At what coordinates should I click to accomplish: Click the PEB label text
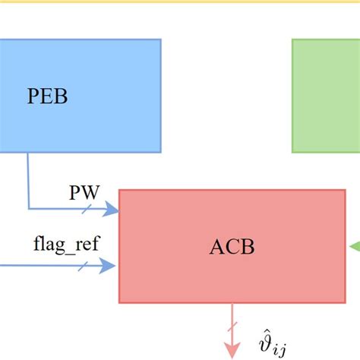(x=46, y=97)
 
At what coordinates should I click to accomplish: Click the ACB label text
(x=232, y=247)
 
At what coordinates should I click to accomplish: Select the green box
(x=327, y=95)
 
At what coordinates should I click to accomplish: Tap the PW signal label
(x=84, y=192)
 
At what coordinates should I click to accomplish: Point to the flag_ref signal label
(x=66, y=245)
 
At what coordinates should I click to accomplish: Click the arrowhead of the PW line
(x=114, y=208)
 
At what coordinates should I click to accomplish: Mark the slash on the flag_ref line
(x=81, y=265)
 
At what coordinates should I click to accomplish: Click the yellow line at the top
(x=180, y=2)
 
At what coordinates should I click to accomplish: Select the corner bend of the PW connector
(x=28, y=208)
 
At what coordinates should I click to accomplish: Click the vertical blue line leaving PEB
(x=28, y=178)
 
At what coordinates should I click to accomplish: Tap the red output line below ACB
(x=232, y=315)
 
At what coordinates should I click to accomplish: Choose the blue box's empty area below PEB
(x=76, y=133)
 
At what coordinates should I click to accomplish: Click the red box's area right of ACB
(x=304, y=247)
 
